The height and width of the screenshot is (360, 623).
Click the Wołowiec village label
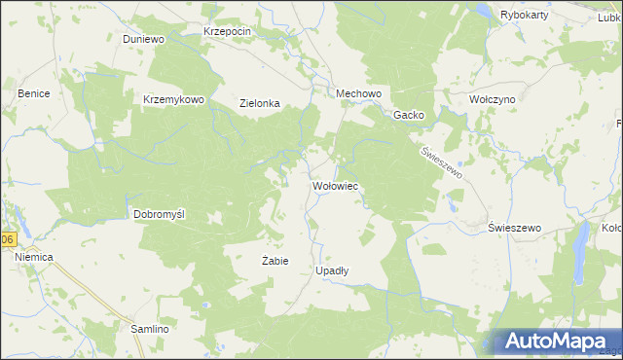point(337,184)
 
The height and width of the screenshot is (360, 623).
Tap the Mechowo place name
point(357,93)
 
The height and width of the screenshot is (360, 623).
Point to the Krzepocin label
point(228,31)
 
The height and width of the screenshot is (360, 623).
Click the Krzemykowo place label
point(173,99)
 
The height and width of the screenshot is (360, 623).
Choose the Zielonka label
point(260,103)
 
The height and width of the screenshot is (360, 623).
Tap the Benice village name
point(33,93)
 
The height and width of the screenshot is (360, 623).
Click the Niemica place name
point(33,256)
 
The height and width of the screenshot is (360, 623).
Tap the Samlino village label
point(151,329)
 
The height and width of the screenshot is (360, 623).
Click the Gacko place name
point(409,115)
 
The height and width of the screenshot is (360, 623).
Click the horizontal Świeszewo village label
point(513,227)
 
